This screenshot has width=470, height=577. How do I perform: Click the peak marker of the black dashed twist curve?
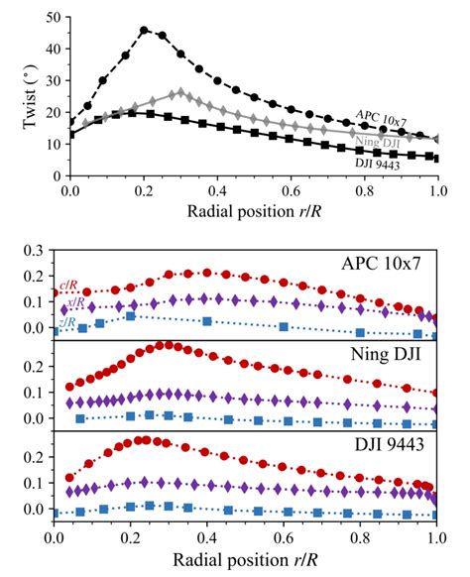(x=145, y=31)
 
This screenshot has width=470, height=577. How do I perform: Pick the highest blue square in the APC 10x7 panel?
(x=131, y=317)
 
